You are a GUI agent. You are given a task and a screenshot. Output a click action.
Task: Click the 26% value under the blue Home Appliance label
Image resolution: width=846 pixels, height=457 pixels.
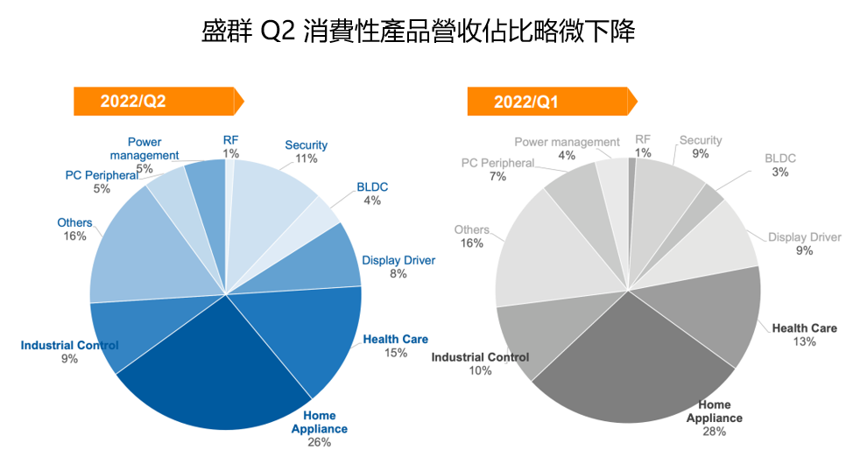click(319, 442)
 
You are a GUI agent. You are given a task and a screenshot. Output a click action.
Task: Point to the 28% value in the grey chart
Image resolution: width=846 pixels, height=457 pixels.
click(715, 432)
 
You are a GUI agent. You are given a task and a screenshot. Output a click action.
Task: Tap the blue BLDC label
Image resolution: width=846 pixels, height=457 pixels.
click(372, 187)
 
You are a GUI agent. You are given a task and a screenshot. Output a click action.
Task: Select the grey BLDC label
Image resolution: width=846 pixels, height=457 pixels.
click(779, 158)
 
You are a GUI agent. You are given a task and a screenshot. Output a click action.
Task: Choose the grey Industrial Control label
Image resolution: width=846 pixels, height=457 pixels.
click(480, 357)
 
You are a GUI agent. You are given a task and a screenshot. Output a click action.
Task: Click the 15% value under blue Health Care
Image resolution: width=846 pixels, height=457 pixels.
click(396, 353)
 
